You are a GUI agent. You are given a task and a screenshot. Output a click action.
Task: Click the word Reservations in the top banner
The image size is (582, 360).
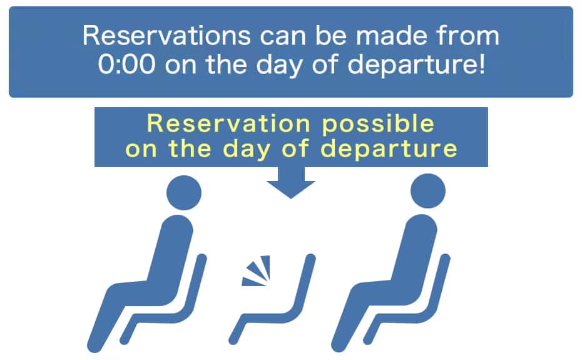click(166, 36)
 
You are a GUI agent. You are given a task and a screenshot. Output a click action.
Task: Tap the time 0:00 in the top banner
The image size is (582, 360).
click(127, 64)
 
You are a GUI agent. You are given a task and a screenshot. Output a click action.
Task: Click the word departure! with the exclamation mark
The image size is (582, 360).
click(416, 66)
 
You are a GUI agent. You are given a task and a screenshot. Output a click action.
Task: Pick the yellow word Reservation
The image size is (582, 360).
click(228, 123)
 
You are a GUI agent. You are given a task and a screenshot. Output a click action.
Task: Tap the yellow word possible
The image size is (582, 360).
click(377, 125)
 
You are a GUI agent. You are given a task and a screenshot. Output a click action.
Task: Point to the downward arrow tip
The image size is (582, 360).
click(290, 198)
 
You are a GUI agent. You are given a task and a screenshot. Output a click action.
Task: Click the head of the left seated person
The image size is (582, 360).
click(184, 193)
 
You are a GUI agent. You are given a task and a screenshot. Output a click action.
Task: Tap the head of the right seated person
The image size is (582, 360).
click(428, 191)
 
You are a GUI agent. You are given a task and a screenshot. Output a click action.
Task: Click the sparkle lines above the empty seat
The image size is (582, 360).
click(256, 271)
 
